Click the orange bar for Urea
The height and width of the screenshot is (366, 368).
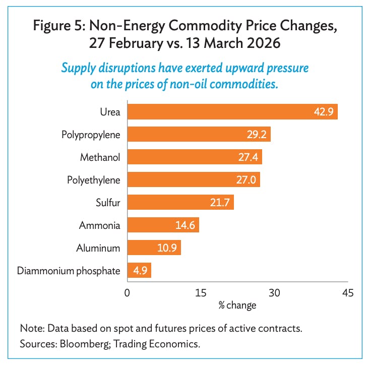point(232,112)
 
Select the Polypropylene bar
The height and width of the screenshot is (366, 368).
point(199,135)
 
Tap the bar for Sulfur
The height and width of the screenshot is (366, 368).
point(180,203)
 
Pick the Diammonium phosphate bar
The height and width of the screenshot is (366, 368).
point(139,271)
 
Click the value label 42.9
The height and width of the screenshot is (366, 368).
point(323,112)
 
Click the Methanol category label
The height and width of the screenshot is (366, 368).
point(100,157)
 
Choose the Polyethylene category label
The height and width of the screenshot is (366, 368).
point(94,180)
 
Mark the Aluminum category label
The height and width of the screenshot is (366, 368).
point(98,248)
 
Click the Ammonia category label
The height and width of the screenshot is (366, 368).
point(100,225)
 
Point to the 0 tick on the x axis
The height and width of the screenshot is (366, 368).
point(128,293)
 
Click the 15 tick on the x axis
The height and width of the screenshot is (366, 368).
point(201,293)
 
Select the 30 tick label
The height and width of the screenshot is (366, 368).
point(274,293)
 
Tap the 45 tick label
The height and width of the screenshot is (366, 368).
point(347,293)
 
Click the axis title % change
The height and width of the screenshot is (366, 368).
point(237,306)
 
